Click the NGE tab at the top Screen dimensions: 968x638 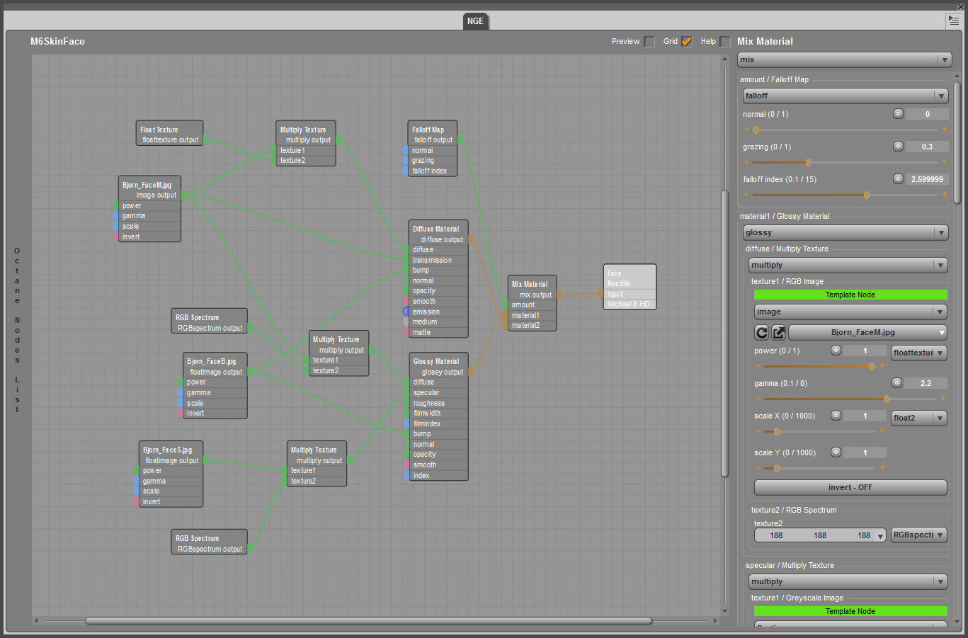coord(475,21)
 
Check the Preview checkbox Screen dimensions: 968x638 coord(649,42)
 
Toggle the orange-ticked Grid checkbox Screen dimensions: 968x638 coord(686,42)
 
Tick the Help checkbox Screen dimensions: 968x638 coord(725,42)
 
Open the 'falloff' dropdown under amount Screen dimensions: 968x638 coord(845,96)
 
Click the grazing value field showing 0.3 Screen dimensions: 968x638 coord(926,147)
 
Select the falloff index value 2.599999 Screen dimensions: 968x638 coord(926,179)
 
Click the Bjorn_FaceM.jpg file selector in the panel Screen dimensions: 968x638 coord(867,332)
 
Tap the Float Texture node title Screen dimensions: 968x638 coord(159,130)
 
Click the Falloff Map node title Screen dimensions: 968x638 coord(428,130)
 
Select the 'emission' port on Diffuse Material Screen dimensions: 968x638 coord(426,312)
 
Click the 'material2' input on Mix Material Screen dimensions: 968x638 coord(525,326)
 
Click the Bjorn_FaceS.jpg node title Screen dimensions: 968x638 coord(167,450)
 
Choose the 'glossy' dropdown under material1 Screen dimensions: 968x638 coord(845,232)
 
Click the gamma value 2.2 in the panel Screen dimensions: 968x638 coord(926,383)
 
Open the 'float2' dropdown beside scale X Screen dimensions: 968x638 coord(918,418)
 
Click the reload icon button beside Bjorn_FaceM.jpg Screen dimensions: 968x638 coord(762,332)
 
